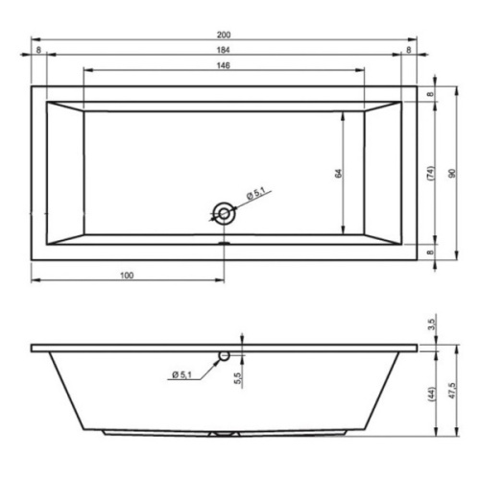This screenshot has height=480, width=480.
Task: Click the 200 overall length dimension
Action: (x=224, y=36)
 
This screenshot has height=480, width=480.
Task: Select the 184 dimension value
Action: (x=224, y=50)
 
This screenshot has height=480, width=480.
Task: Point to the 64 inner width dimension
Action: (x=339, y=173)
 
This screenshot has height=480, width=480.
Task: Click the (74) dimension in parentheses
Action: (x=429, y=173)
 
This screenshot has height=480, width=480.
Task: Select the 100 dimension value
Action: (x=127, y=276)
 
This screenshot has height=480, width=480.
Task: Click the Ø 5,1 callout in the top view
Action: (x=256, y=194)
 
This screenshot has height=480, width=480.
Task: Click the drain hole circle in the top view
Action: (x=224, y=214)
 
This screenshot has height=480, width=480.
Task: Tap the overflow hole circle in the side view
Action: (x=224, y=356)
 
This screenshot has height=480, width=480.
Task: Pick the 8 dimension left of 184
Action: (x=37, y=50)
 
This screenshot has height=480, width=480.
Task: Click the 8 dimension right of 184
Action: (x=409, y=50)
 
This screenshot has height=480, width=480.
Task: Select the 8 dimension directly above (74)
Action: (x=429, y=94)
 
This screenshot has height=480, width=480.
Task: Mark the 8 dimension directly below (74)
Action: (x=429, y=251)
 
